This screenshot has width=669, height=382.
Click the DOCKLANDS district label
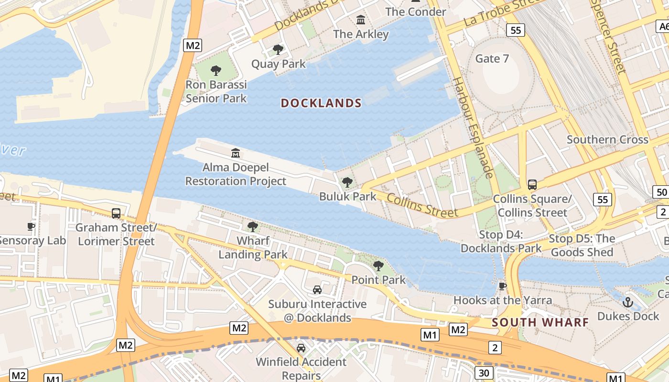321,103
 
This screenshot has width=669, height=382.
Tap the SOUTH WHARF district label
540,322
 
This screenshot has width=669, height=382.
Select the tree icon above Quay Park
278,50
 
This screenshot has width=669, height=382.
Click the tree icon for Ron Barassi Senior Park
216,71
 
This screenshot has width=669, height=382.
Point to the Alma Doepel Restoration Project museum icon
236,153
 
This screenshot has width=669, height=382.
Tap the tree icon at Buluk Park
347,182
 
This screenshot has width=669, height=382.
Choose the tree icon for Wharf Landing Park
253,226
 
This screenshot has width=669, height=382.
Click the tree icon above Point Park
378,266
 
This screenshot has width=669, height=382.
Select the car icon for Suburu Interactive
317,290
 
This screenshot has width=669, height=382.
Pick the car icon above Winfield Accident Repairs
301,348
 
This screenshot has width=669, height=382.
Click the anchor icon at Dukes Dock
628,302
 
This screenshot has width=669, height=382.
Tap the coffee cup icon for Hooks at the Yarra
502,286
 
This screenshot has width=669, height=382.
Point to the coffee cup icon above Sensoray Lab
32,226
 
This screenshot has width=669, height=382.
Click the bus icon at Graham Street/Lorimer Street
116,213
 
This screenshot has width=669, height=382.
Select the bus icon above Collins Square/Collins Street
532,184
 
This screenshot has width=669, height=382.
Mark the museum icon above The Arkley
361,20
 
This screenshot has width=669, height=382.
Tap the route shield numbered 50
661,192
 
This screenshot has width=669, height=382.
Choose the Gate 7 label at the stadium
492,59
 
